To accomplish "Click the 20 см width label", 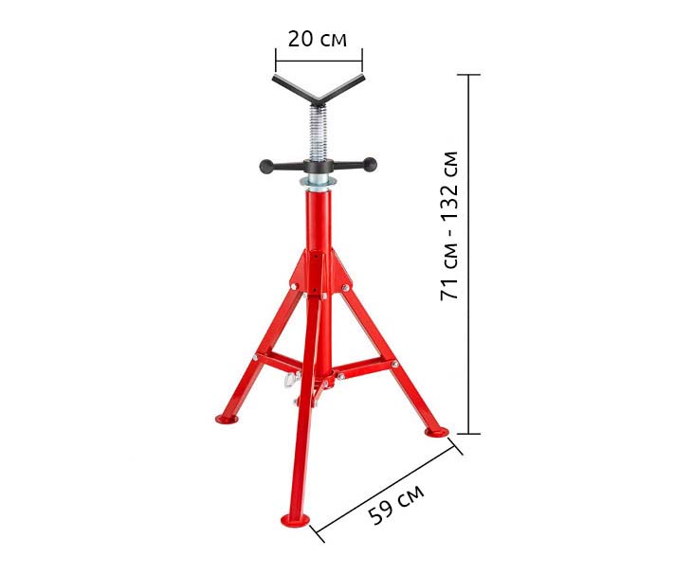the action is (x=318, y=39).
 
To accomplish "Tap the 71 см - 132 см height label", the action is (x=450, y=225).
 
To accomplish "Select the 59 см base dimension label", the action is (x=396, y=503).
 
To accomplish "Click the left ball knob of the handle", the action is (x=266, y=166).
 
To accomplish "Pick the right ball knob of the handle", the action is (x=370, y=164).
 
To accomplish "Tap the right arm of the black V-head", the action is (x=342, y=88).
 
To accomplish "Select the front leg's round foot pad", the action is (x=296, y=519).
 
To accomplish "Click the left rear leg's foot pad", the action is (x=227, y=419).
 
